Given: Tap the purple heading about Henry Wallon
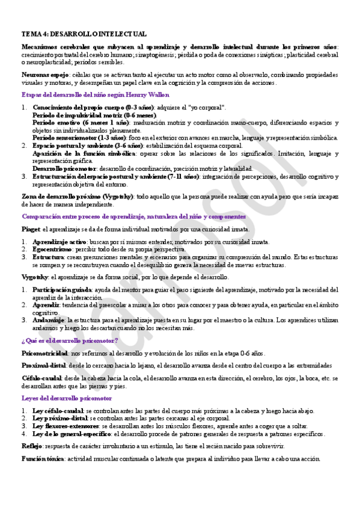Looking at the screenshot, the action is coord(96,95).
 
